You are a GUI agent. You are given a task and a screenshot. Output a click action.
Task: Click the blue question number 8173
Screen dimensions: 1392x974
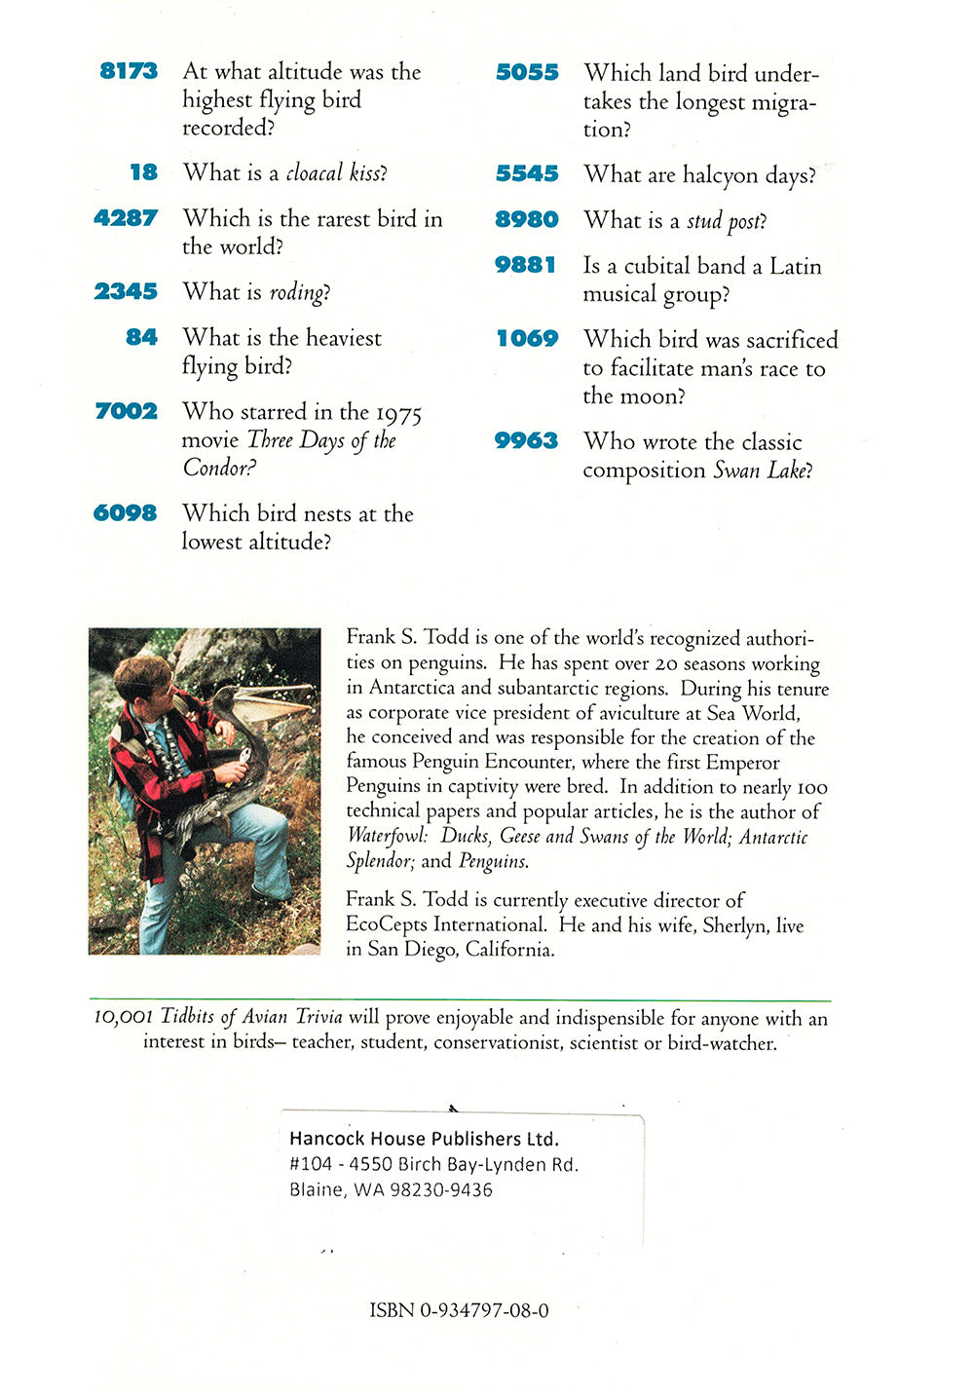tap(129, 71)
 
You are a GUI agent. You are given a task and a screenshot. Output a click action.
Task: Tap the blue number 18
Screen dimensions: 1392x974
tap(143, 172)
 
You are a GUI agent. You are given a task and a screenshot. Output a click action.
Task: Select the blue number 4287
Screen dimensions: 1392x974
tap(126, 218)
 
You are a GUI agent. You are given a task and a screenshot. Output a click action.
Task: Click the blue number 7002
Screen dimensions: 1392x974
tap(126, 411)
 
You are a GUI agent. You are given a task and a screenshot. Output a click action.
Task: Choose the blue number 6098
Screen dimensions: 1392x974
tap(125, 513)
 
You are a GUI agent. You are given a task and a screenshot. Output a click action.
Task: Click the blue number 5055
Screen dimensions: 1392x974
tap(527, 72)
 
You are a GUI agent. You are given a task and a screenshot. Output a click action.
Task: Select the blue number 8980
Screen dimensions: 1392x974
tap(527, 220)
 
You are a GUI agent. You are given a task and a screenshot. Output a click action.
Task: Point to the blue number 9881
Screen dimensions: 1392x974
tap(526, 265)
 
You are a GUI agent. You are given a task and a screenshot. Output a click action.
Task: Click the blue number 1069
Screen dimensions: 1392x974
tap(527, 339)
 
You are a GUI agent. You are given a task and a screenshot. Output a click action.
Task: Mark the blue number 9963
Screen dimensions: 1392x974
tap(526, 441)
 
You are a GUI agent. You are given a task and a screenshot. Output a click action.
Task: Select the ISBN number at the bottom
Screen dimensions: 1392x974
tap(459, 1310)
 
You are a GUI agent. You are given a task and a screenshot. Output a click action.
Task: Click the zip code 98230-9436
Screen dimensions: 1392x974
tap(440, 1189)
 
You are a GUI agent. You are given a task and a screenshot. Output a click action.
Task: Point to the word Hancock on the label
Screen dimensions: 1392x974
tap(326, 1139)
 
